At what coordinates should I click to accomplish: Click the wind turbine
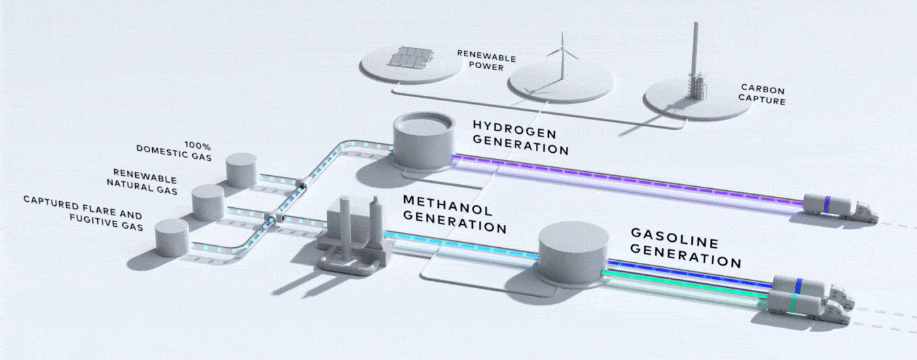pos(561,58)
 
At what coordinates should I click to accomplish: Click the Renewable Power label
pos(480,60)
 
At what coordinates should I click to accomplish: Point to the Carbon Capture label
pos(763,94)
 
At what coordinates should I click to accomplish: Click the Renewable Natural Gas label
pos(145,184)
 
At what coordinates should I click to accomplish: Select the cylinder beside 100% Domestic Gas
pos(241,170)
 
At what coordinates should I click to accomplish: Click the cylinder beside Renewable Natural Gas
pos(208,202)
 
